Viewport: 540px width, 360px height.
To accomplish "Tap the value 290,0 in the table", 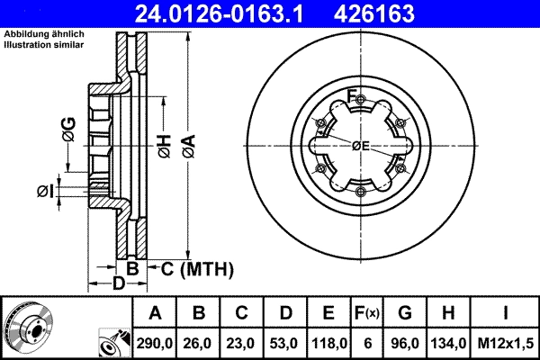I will pyautogui.click(x=156, y=342).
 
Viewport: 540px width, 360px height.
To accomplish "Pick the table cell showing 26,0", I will pyautogui.click(x=199, y=342).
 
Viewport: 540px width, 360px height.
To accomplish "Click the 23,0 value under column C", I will pyautogui.click(x=242, y=342).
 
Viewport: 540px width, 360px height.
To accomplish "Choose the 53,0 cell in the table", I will pyautogui.click(x=285, y=342).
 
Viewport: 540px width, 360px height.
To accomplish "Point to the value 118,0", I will pyautogui.click(x=328, y=342).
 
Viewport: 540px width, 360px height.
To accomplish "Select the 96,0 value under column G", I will pyautogui.click(x=405, y=342).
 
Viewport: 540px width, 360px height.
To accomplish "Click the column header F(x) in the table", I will pyautogui.click(x=367, y=313).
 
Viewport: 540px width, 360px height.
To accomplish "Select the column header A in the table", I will pyautogui.click(x=156, y=313).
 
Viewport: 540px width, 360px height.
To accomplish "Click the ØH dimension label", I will pyautogui.click(x=164, y=144).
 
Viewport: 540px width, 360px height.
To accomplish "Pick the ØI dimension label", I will pyautogui.click(x=45, y=190).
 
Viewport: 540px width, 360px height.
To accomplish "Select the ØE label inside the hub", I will pyautogui.click(x=361, y=146).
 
